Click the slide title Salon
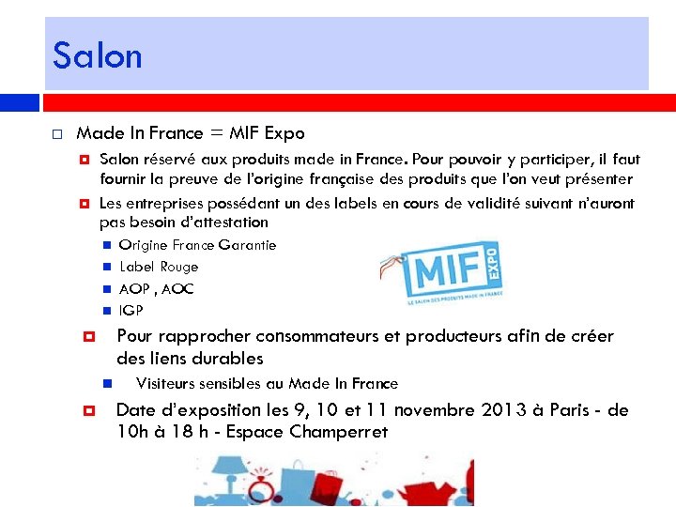click(98, 55)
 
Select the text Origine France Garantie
click(197, 245)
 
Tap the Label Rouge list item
click(159, 267)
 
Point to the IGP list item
click(131, 310)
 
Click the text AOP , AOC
click(156, 288)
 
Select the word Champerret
click(339, 432)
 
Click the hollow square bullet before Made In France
click(57, 134)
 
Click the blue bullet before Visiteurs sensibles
click(108, 383)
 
